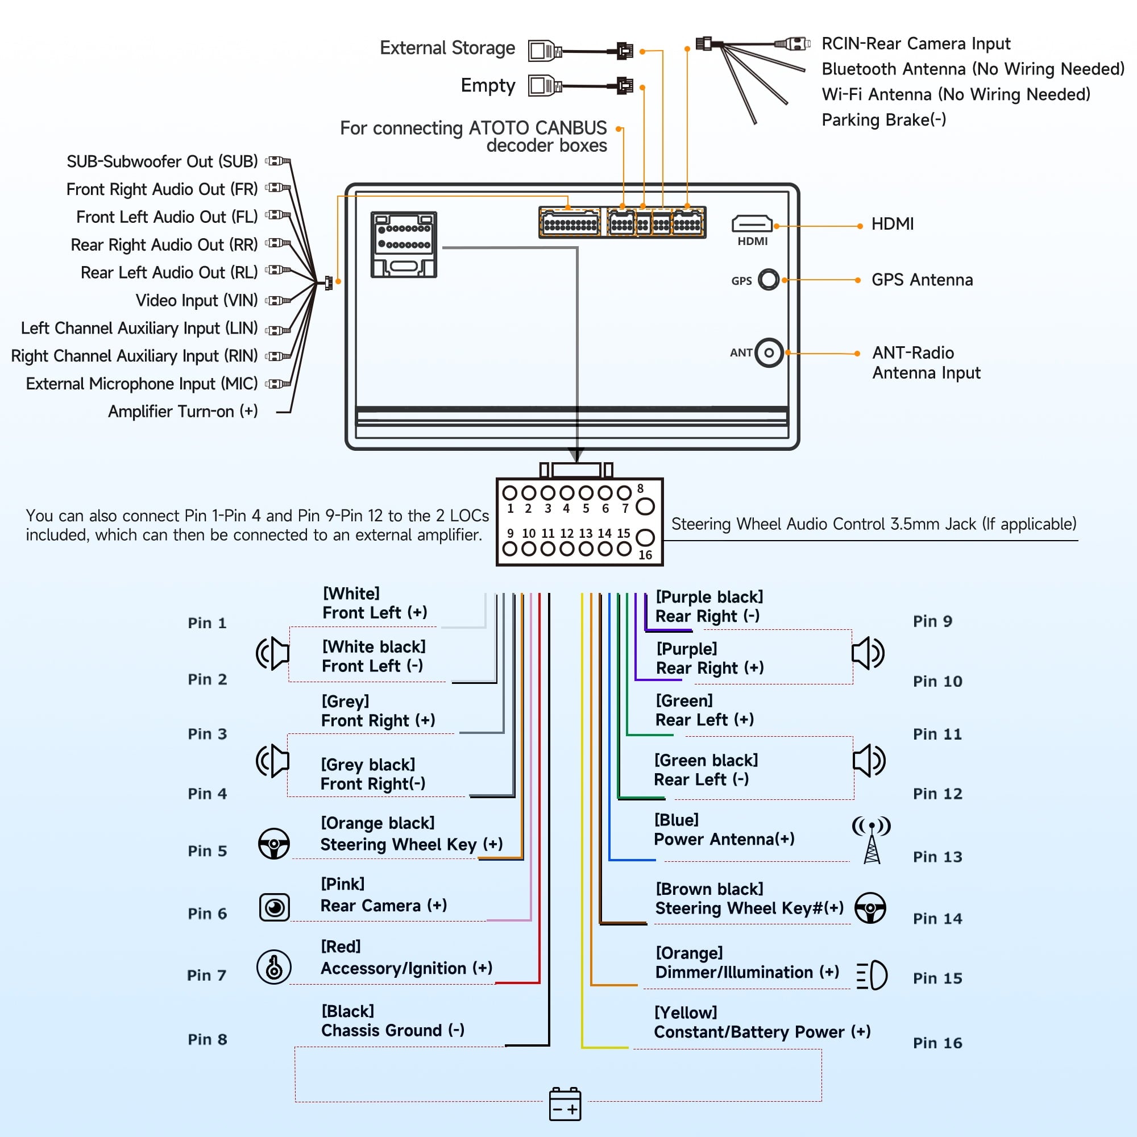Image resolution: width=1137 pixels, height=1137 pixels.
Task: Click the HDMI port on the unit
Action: [752, 224]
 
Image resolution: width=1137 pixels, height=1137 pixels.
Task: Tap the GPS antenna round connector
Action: [769, 280]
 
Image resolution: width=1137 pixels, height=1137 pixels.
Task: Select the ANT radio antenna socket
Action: [769, 353]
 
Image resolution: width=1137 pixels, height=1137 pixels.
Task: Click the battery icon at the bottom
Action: [565, 1104]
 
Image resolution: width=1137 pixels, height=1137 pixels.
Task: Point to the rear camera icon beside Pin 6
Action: [274, 907]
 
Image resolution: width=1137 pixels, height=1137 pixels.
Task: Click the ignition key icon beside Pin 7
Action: [273, 967]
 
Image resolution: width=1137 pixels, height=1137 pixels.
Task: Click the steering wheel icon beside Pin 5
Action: [273, 843]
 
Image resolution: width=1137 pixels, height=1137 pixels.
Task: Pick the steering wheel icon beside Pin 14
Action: [870, 907]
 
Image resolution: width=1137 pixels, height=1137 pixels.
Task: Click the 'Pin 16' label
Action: [937, 1043]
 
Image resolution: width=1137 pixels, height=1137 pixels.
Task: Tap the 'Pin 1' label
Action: [207, 623]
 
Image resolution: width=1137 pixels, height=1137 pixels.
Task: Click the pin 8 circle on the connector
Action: [645, 506]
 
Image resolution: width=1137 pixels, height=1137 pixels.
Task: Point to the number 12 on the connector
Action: [566, 533]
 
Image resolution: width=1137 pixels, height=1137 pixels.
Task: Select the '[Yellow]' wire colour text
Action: [686, 1012]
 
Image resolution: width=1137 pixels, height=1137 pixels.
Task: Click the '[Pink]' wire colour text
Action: [342, 884]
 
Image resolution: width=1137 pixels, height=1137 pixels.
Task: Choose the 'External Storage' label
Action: [447, 48]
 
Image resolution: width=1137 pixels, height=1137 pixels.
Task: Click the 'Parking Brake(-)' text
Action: [883, 120]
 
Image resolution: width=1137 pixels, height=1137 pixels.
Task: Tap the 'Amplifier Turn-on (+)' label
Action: [182, 412]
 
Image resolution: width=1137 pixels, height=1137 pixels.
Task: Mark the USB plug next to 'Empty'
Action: [545, 85]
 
